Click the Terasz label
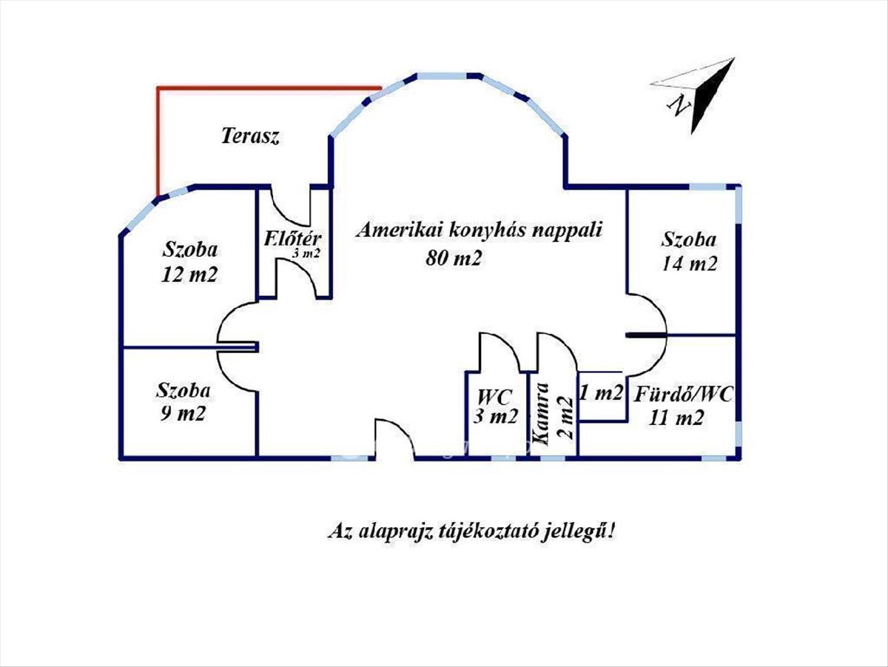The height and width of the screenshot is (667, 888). [x=250, y=136]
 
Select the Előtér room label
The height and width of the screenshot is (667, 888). [x=292, y=239]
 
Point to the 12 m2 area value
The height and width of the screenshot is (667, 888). [x=189, y=275]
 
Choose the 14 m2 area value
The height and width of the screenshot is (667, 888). [x=689, y=263]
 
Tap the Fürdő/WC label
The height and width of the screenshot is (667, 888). [x=683, y=395]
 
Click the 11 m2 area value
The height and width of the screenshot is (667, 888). [x=676, y=418]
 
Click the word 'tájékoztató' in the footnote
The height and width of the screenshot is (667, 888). [x=485, y=532]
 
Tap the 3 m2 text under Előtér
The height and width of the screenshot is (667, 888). [x=305, y=253]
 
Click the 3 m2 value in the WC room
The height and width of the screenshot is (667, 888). [x=495, y=417]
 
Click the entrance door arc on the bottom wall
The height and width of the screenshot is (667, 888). [x=394, y=437]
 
